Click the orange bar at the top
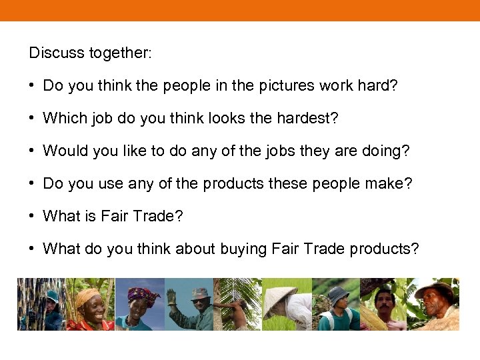coord(240,10)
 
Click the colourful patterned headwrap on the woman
coord(143,294)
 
